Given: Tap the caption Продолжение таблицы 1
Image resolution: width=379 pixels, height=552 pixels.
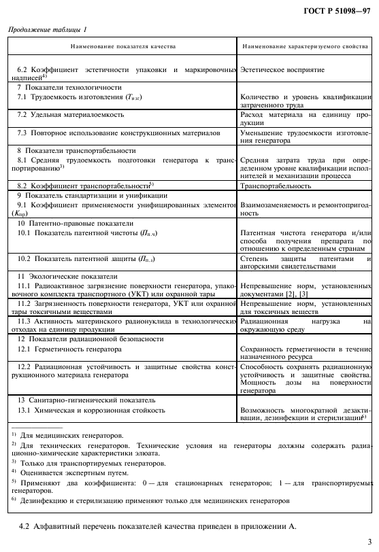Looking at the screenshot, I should tap(48, 30).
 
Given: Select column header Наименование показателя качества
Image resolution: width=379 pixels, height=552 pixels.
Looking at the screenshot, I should tap(123, 46).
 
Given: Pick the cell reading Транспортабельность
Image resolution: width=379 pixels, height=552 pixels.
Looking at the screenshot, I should tap(276, 186).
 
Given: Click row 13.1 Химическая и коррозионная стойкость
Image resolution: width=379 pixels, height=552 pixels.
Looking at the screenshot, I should tap(90, 411).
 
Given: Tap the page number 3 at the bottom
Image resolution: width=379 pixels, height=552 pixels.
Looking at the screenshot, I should tap(369, 542).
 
